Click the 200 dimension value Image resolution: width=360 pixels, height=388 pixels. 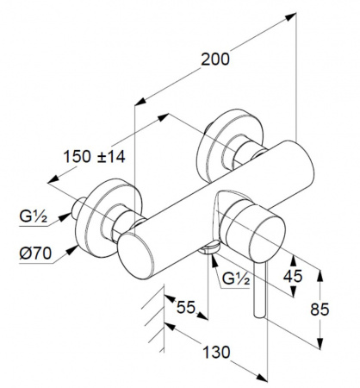click(215, 59)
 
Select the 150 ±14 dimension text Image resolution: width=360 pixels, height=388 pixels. click(94, 157)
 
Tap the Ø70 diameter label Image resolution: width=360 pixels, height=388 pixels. click(35, 253)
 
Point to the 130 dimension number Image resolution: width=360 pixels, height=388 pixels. click(216, 352)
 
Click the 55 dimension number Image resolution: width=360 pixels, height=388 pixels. click(186, 307)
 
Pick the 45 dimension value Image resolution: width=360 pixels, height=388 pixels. click(293, 276)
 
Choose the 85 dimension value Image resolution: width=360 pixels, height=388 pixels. click(320, 310)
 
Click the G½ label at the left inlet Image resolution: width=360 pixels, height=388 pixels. click(33, 216)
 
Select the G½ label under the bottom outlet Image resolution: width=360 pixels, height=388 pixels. click(236, 278)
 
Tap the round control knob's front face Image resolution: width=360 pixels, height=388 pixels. click(267, 241)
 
